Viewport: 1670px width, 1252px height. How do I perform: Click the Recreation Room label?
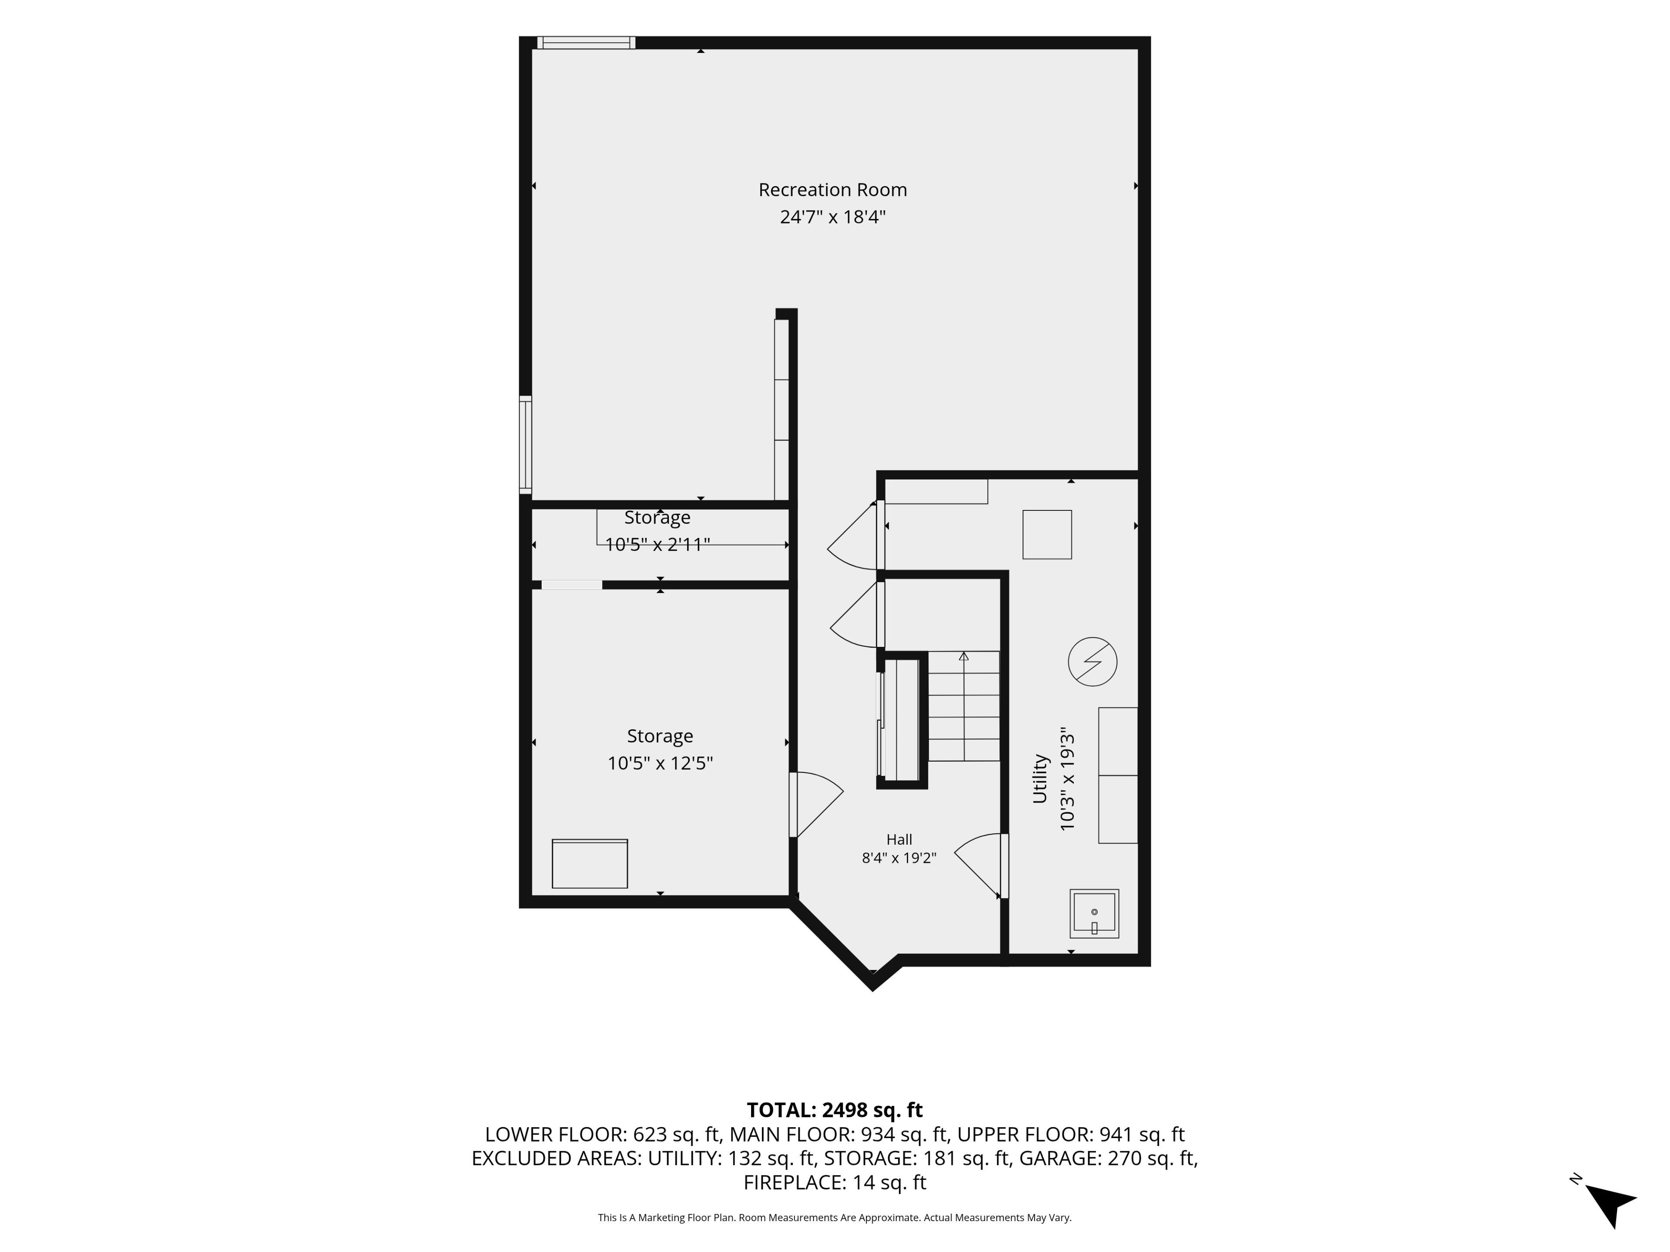[833, 190]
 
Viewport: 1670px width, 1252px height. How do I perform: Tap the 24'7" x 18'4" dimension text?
[833, 217]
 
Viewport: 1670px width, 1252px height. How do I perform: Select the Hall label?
[899, 839]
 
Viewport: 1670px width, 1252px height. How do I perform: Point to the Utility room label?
[1039, 778]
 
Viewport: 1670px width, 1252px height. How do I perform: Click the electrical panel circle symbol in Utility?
[1092, 662]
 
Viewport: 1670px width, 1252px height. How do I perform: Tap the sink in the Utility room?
[1094, 914]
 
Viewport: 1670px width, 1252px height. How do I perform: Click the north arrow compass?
[1609, 1205]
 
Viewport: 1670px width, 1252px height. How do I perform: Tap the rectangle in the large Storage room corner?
[590, 863]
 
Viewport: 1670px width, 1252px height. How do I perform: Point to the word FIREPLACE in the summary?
[794, 1182]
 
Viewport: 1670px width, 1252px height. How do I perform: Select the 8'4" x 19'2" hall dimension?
[899, 858]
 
